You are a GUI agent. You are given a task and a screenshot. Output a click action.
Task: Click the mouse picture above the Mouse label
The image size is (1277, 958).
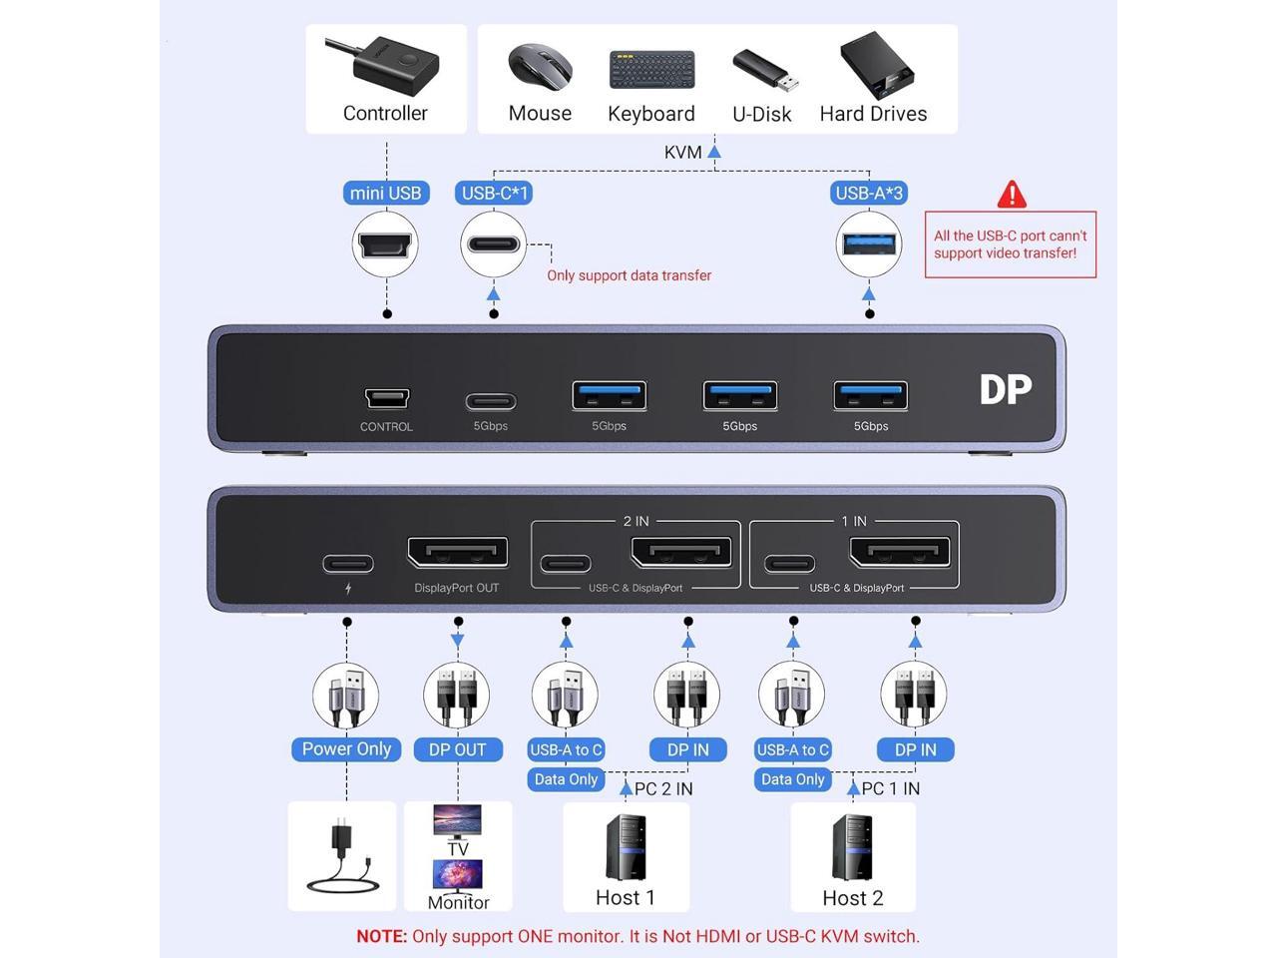(539, 67)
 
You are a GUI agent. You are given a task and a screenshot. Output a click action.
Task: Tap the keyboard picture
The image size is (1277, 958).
(651, 71)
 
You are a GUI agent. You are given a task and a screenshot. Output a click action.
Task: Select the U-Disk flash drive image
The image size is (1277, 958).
(764, 70)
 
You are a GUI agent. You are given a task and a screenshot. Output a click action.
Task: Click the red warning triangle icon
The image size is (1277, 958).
(1012, 195)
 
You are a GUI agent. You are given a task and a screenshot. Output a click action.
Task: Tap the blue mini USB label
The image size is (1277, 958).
(386, 194)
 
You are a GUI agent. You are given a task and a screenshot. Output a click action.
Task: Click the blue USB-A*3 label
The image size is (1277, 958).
(869, 194)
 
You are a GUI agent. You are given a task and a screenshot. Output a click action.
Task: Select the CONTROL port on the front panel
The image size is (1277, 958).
(386, 398)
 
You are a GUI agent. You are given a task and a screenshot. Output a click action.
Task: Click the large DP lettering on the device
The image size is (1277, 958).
(1005, 390)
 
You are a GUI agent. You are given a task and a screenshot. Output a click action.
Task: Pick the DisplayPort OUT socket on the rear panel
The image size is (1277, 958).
(457, 553)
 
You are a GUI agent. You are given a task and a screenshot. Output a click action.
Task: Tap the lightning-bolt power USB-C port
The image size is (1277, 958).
(348, 565)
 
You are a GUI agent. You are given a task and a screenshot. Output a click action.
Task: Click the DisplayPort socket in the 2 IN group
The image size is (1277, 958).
(681, 553)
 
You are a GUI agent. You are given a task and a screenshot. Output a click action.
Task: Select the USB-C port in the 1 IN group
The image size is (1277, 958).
(789, 565)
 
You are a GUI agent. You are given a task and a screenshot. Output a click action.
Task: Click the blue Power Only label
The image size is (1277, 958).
(346, 749)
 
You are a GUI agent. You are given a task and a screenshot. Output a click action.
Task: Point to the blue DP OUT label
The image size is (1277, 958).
(457, 750)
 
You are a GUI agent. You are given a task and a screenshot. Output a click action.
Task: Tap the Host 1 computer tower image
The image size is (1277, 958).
(626, 848)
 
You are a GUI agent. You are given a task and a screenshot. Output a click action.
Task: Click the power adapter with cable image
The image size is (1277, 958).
(342, 857)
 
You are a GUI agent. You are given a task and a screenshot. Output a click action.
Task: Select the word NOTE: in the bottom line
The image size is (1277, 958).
(382, 937)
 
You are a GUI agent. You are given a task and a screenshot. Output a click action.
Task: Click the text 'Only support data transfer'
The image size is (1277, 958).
(629, 275)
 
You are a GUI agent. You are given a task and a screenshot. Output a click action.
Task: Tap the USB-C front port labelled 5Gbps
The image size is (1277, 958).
(491, 402)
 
